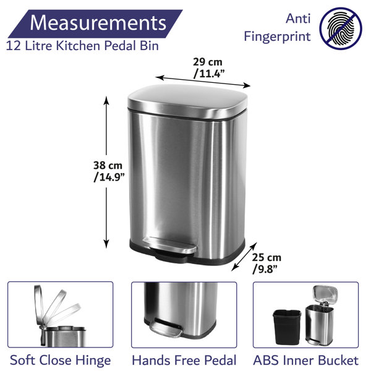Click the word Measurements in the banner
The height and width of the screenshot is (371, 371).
[x=98, y=23]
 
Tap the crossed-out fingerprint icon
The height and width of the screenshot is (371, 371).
[x=341, y=28]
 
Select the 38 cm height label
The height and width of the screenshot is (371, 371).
[x=108, y=165]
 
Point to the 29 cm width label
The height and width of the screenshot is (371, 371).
[x=208, y=62]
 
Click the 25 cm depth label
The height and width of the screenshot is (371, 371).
[x=267, y=257]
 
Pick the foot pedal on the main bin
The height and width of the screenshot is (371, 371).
[x=170, y=245]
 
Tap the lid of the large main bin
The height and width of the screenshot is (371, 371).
[x=187, y=101]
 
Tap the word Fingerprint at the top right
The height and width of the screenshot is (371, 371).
[x=277, y=37]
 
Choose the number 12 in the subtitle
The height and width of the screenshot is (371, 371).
[x=13, y=46]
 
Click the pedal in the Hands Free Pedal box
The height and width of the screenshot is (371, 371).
[x=166, y=328]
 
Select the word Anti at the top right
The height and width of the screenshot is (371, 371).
[x=298, y=19]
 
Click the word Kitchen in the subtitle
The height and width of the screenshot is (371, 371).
[x=79, y=45]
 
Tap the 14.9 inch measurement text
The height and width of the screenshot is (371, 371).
[x=109, y=177]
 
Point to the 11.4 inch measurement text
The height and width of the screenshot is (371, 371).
[x=209, y=74]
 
